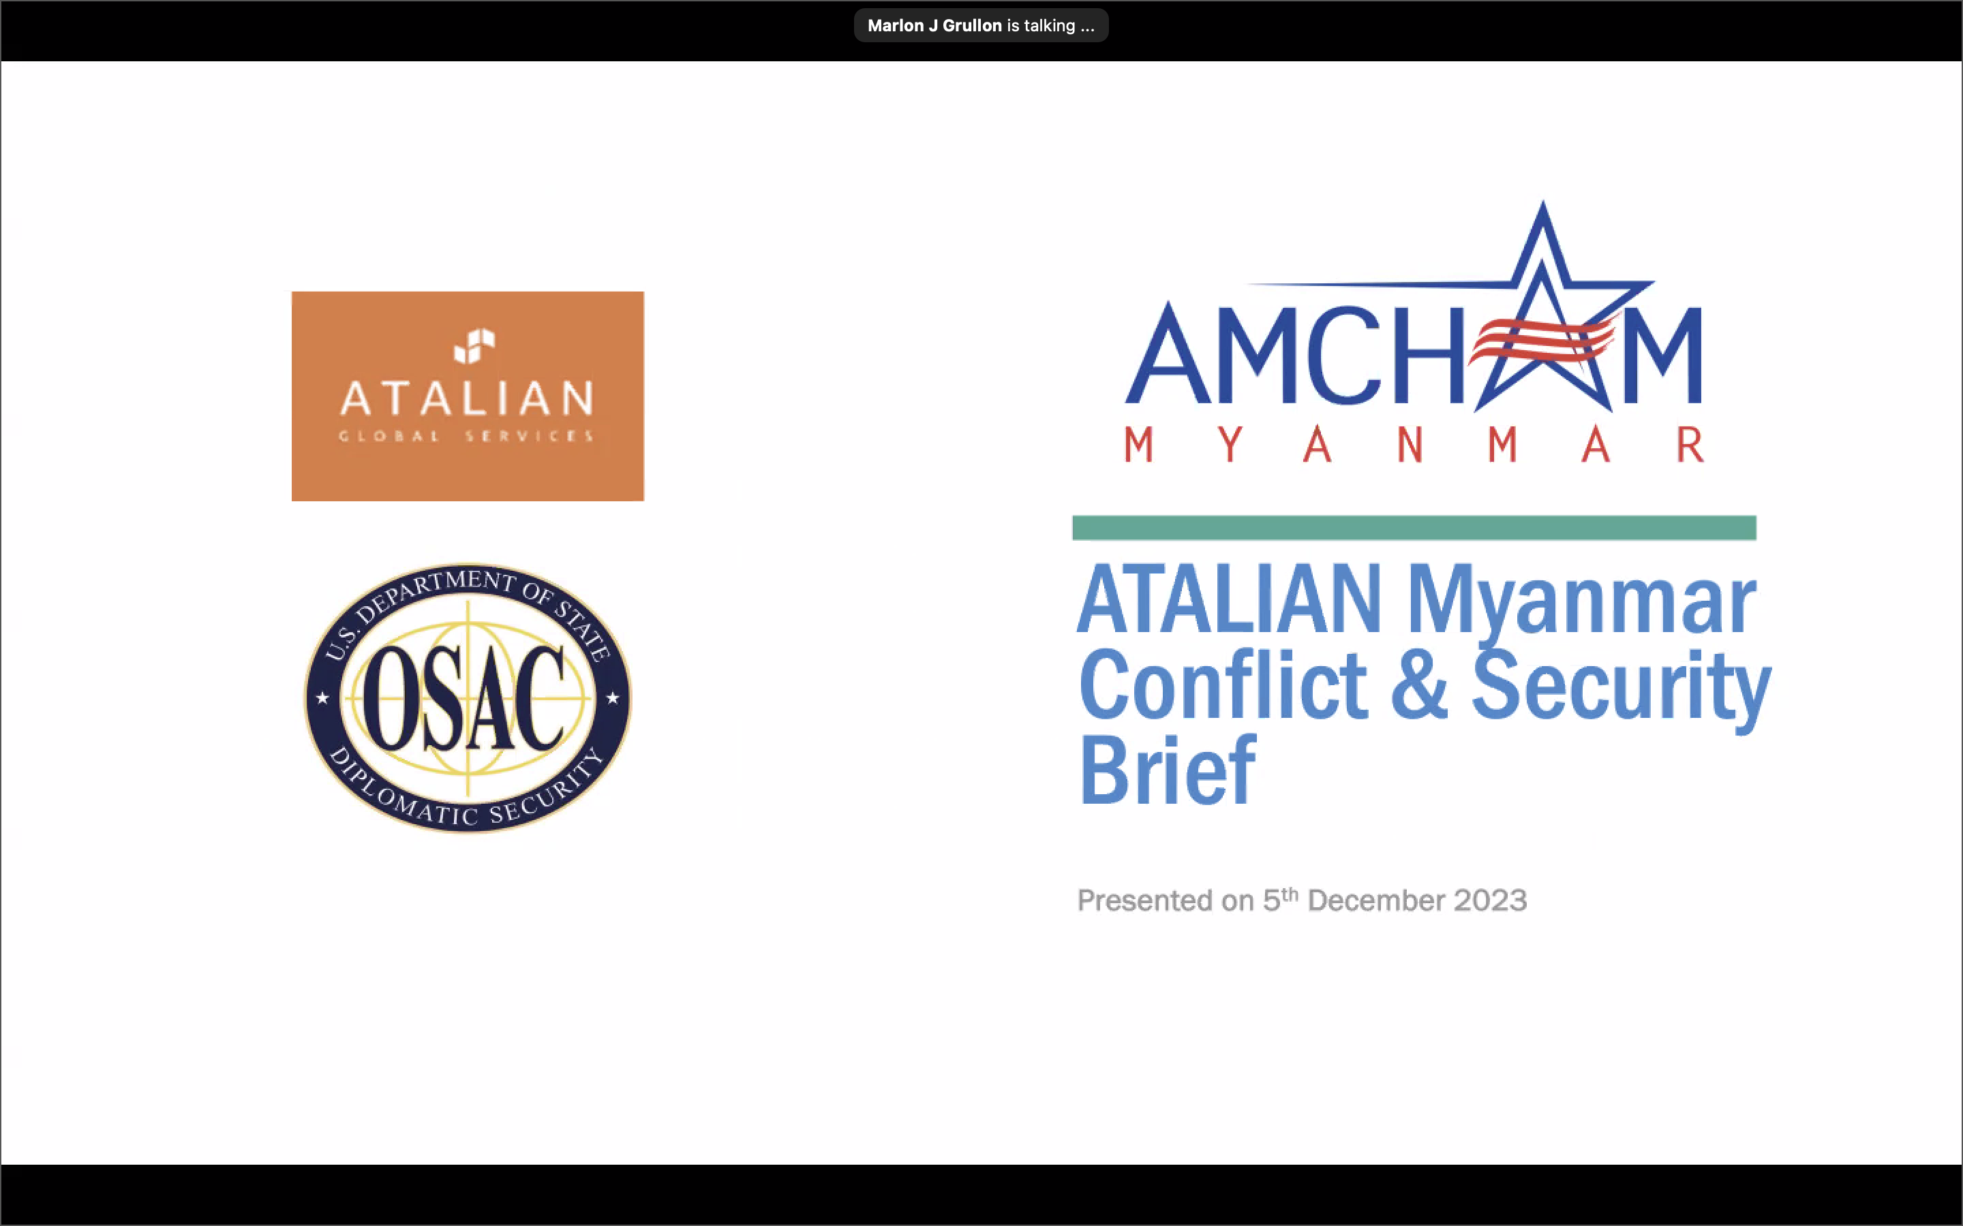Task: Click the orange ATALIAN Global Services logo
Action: [x=467, y=396]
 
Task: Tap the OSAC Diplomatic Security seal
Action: [x=467, y=697]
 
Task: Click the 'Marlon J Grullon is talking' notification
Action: [x=981, y=25]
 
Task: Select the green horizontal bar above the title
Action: [x=1414, y=528]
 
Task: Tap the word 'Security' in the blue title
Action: [x=1622, y=689]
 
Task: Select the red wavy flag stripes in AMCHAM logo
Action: [x=1541, y=340]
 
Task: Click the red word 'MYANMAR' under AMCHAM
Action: [x=1414, y=444]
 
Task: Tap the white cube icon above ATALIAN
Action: [x=474, y=346]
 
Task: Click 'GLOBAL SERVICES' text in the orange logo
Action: [x=466, y=436]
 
